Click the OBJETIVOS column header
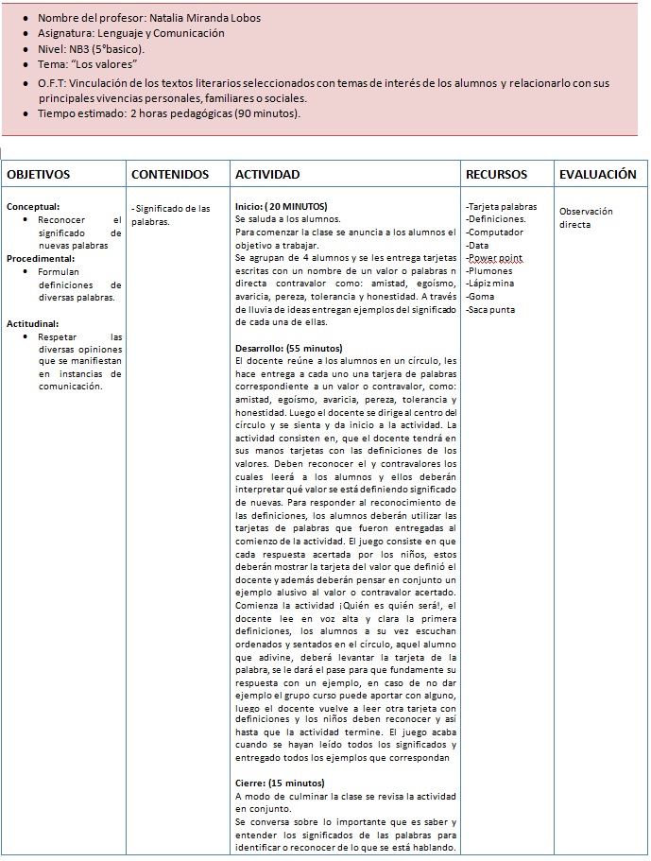(x=39, y=175)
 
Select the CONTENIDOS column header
(x=170, y=175)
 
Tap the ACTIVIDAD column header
(x=267, y=175)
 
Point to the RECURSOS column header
(x=497, y=175)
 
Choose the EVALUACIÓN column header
(x=597, y=175)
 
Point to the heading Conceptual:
(x=33, y=206)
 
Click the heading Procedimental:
(x=40, y=258)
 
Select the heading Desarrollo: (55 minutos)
(x=288, y=349)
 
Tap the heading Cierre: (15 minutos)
(x=280, y=784)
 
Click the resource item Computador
(x=496, y=232)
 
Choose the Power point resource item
(x=497, y=258)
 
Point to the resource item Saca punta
(x=491, y=310)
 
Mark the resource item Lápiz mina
(x=491, y=284)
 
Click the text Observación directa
(x=586, y=218)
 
